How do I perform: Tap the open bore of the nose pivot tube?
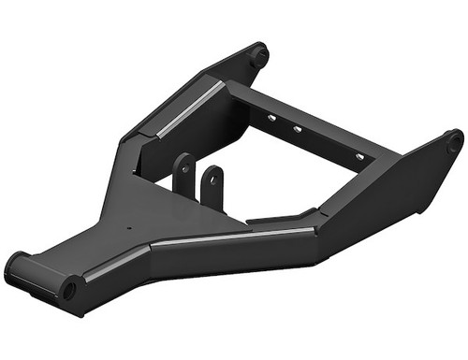68,289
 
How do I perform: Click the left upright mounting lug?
183,173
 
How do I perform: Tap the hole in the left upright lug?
185,168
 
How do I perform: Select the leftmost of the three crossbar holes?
270,118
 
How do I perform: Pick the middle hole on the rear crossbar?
298,130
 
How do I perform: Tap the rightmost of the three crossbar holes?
358,156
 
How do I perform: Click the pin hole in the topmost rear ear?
256,53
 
